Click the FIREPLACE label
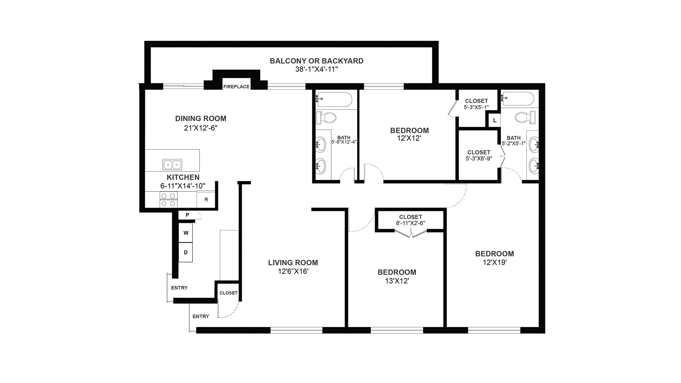pyautogui.click(x=236, y=87)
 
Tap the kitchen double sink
pyautogui.click(x=172, y=165)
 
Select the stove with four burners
pyautogui.click(x=168, y=199)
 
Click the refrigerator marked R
pyautogui.click(x=206, y=199)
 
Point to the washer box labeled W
pyautogui.click(x=186, y=233)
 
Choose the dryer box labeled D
pyautogui.click(x=186, y=252)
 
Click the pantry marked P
pyautogui.click(x=187, y=215)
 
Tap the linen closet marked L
pyautogui.click(x=495, y=120)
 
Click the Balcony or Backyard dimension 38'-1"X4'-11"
pyautogui.click(x=317, y=69)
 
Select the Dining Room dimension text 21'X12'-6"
pyautogui.click(x=201, y=128)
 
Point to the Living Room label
pyautogui.click(x=293, y=263)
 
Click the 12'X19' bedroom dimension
pyautogui.click(x=495, y=263)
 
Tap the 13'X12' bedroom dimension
pyautogui.click(x=397, y=281)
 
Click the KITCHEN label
pyautogui.click(x=183, y=177)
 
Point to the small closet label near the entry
pyautogui.click(x=229, y=293)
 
